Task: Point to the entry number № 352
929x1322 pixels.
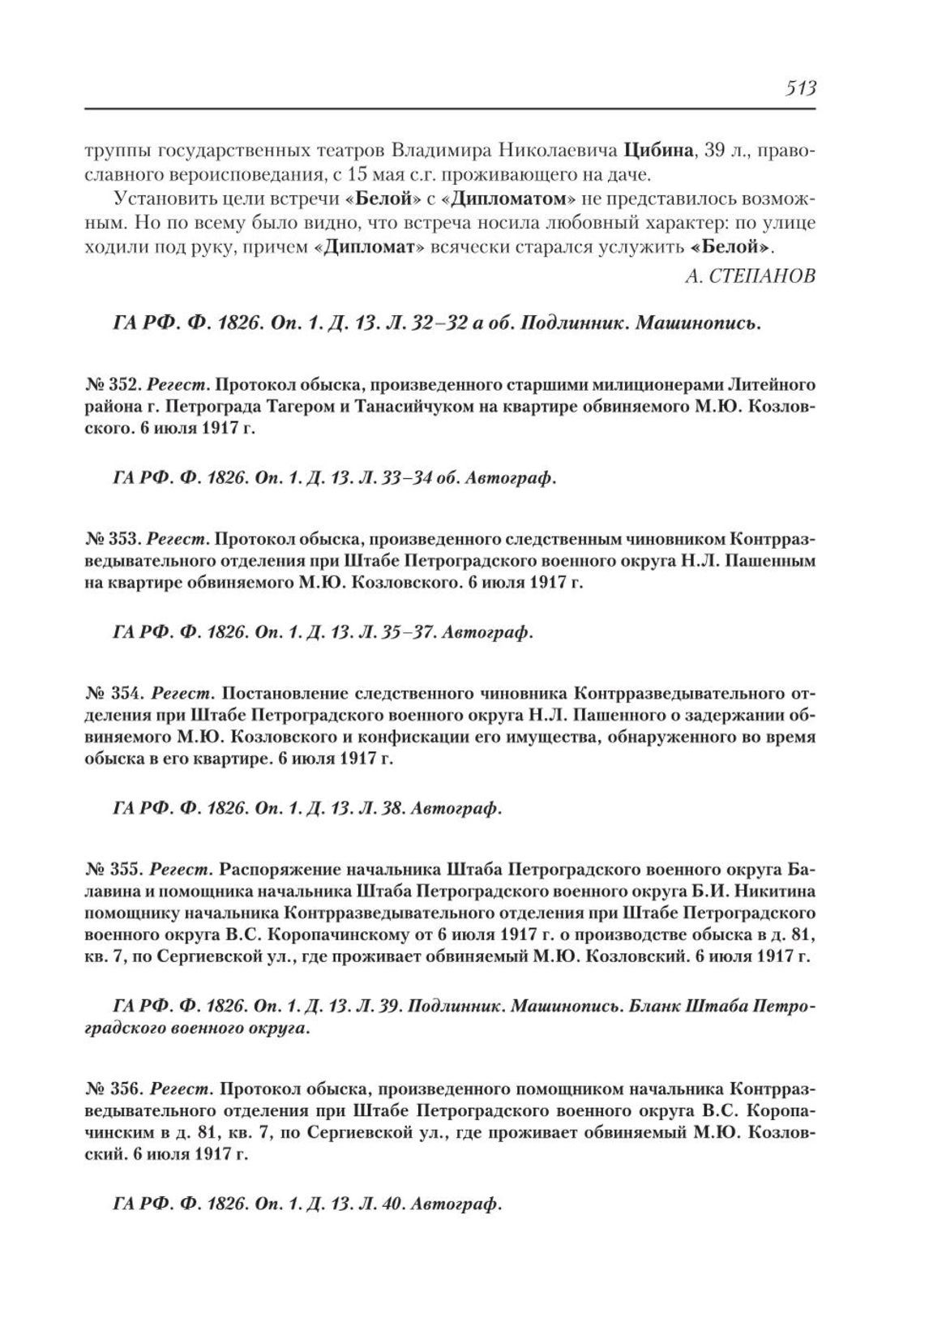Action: (x=114, y=383)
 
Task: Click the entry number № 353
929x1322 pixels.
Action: (x=114, y=538)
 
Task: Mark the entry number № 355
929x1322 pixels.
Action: (x=114, y=871)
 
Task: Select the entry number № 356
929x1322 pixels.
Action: (x=114, y=1087)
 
